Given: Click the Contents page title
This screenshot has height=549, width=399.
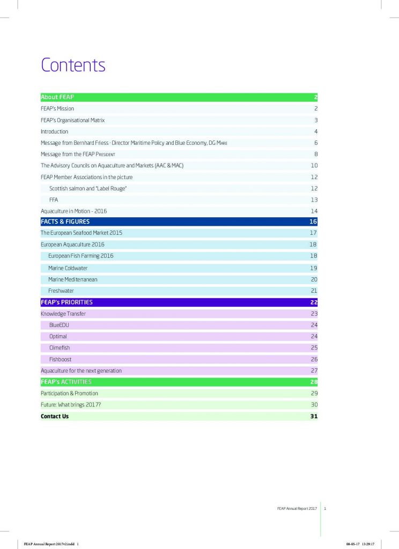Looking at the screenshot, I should tap(73, 65).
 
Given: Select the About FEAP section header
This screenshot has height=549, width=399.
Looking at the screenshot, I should tap(57, 97).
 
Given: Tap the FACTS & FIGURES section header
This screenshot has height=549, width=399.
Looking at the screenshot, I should tap(65, 221).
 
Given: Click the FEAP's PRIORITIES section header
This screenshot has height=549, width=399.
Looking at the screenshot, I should tap(66, 302).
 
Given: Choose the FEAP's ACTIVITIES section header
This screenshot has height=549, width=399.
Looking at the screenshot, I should tap(66, 382).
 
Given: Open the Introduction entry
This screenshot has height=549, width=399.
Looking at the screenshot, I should tap(54, 131).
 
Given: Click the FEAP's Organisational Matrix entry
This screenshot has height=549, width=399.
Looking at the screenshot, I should tap(72, 120).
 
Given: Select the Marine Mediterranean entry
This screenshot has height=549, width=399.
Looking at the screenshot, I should tap(72, 279).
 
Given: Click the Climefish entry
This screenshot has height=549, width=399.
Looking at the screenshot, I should tap(60, 347).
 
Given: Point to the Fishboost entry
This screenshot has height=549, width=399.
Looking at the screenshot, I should tap(60, 359).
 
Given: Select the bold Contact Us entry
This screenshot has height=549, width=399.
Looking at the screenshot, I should tap(55, 416).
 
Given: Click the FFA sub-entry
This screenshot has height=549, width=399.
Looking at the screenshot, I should tap(54, 199).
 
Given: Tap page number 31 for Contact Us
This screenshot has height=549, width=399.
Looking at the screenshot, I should tap(314, 416).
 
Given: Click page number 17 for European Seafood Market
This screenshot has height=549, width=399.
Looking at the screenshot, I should tap(314, 233).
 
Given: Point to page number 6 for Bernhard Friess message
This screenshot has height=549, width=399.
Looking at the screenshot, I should tap(316, 143).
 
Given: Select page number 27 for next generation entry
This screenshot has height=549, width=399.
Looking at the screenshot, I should tap(314, 370).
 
